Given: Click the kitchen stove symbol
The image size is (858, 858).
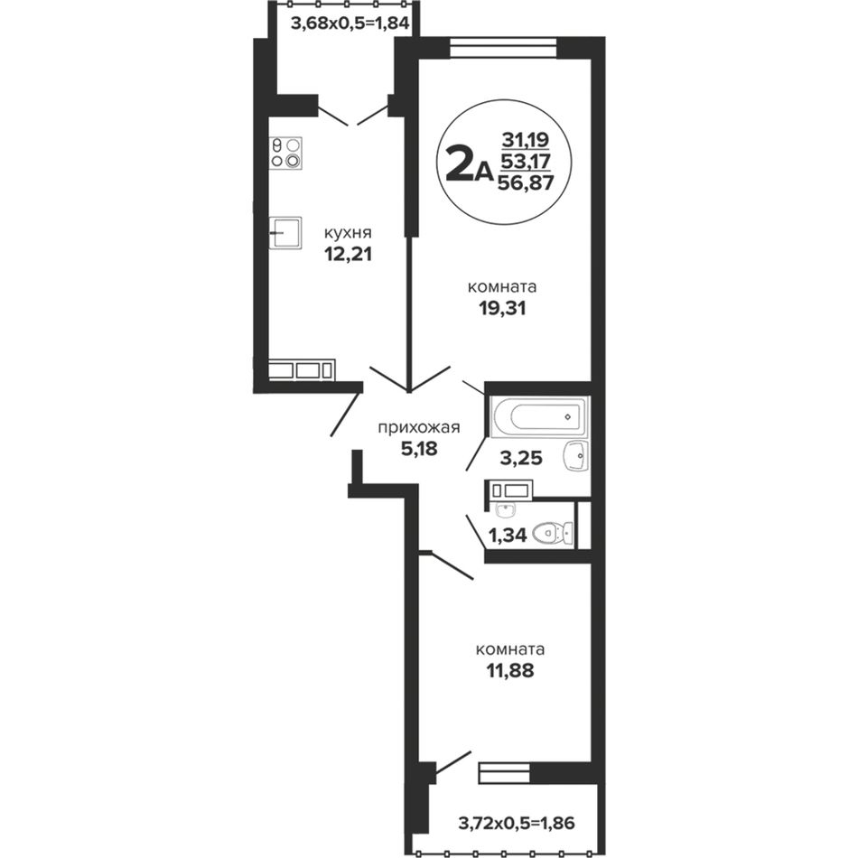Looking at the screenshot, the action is [285, 154].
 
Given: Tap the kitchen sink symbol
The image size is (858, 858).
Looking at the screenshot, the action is [285, 232].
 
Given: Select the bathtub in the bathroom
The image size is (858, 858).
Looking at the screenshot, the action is [537, 417].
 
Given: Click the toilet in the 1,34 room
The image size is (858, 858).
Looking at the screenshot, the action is [554, 533].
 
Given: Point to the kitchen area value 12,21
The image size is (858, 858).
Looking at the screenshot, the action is [348, 254].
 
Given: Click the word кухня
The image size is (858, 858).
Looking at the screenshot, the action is [348, 232].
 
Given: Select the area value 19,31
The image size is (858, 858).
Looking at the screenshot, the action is [502, 309].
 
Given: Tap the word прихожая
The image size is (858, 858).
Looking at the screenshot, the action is [419, 427].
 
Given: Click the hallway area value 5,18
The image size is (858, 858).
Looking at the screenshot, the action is [419, 449].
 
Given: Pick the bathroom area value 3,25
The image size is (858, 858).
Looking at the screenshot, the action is [521, 458].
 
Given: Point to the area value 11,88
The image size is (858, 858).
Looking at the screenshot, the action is [510, 670].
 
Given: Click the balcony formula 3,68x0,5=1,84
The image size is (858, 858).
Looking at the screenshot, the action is [350, 23].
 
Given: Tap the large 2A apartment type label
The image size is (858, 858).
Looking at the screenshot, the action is [469, 164].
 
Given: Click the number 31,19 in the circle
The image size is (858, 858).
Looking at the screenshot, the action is [526, 141].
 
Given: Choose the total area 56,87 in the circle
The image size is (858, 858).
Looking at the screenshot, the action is [526, 182].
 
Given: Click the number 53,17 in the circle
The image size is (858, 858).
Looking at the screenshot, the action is [526, 162].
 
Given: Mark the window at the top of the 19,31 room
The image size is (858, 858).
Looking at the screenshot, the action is [503, 47].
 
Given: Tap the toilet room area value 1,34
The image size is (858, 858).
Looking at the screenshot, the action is [508, 535].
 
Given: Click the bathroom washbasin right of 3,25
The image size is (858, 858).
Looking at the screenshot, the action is [575, 455].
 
